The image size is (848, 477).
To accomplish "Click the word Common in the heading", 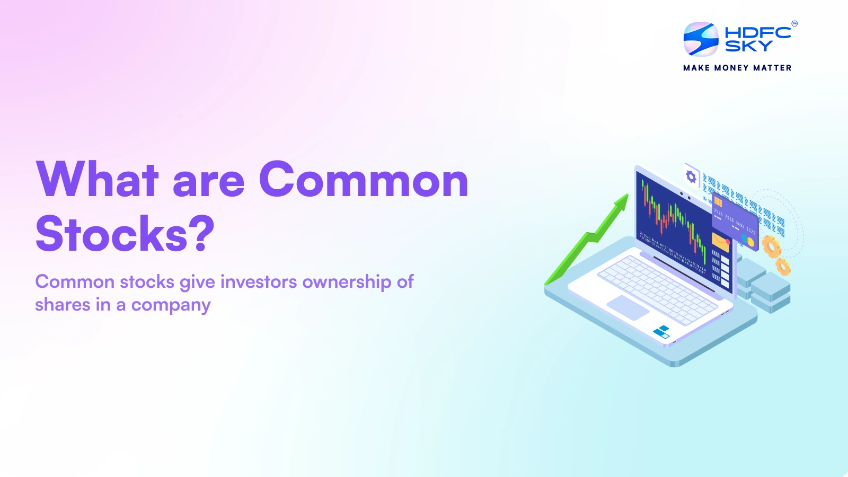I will point(364,180).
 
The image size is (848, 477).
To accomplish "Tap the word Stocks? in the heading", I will point(125,234).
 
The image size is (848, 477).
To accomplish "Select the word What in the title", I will point(98,180).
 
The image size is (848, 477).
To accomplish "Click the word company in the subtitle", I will point(171,305).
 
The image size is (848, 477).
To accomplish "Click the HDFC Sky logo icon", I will point(701,39).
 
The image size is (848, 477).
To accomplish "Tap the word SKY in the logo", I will point(748,47).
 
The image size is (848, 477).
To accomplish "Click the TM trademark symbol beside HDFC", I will point(794,23).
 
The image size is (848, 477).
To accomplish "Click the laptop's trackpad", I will point(628,307).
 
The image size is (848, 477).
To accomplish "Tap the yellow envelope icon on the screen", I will point(720,242).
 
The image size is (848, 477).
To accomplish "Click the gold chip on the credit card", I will point(718,202).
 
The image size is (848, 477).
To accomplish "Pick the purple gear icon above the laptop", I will point(691,176).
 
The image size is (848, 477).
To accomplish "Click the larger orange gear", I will point(771,246).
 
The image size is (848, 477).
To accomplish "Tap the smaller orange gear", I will point(783,266).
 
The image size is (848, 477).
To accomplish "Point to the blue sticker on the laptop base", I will point(661,332).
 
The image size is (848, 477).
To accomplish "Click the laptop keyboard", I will point(657,288).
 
